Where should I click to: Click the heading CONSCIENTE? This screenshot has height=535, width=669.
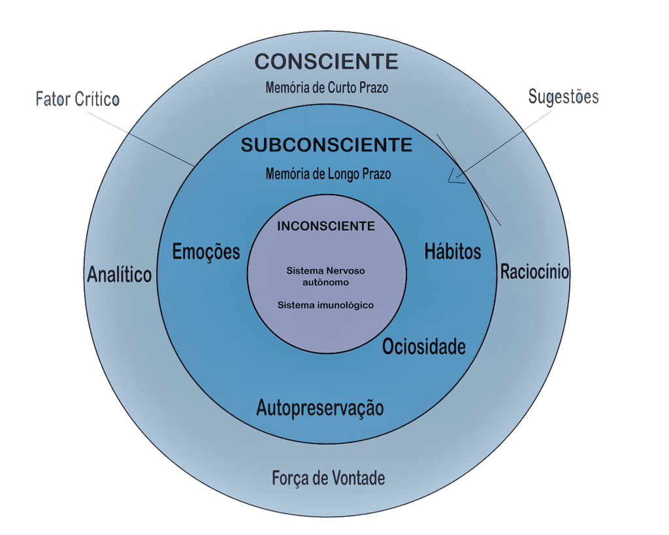click(x=326, y=61)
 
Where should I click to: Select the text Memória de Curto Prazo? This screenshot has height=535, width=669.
click(x=327, y=88)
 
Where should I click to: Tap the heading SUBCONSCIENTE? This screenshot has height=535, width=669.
click(x=327, y=145)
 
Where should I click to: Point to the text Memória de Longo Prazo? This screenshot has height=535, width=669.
click(x=329, y=174)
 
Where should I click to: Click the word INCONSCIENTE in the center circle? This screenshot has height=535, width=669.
click(x=326, y=227)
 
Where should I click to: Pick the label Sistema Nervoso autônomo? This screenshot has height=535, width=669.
click(x=326, y=276)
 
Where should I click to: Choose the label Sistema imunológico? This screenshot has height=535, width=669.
click(x=326, y=305)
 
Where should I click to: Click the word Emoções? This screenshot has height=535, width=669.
click(x=206, y=252)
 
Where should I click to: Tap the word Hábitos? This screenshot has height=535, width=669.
click(x=453, y=251)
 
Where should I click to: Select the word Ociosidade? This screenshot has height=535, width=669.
click(x=424, y=346)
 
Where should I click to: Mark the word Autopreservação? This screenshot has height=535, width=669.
click(x=320, y=408)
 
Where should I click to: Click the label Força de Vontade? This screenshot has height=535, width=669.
click(x=328, y=478)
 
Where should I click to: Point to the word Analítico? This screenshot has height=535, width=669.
click(x=119, y=275)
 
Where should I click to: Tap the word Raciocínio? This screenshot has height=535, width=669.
click(x=534, y=272)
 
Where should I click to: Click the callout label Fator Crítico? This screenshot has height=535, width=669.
click(x=77, y=100)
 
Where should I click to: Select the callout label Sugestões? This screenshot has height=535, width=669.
click(x=563, y=97)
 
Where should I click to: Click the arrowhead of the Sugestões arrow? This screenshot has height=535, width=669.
click(x=452, y=178)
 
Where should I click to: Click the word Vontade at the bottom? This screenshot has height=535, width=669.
click(x=357, y=478)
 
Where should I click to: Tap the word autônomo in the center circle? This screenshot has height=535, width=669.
click(x=326, y=283)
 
